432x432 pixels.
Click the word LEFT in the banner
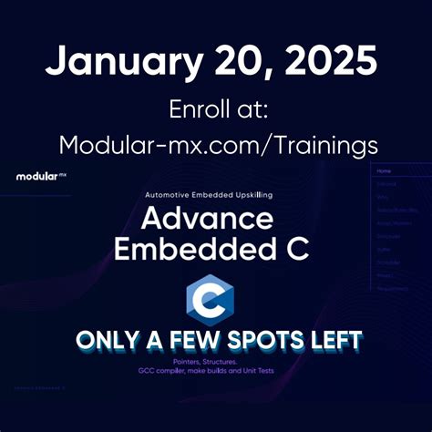coord(334,341)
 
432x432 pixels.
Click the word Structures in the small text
coord(231,362)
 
